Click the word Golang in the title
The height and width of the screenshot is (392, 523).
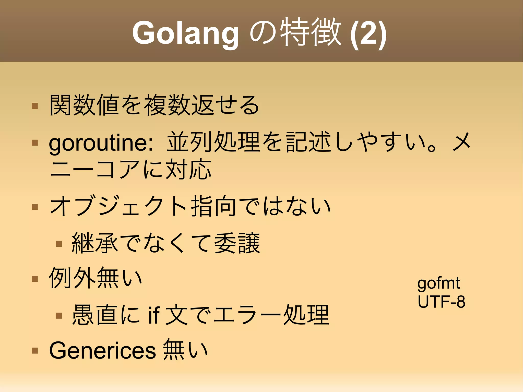tap(185, 33)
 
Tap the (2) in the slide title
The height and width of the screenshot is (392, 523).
tap(368, 33)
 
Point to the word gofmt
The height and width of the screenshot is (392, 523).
tap(438, 283)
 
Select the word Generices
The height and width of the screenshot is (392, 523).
tap(102, 350)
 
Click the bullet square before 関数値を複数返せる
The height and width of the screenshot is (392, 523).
tap(35, 106)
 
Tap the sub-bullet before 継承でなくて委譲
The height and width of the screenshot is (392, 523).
tap(59, 244)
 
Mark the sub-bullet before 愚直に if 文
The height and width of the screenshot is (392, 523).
tap(59, 316)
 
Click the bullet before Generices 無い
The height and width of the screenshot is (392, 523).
tap(35, 350)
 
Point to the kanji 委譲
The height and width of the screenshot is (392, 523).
tap(237, 243)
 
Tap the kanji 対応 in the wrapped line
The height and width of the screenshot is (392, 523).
tap(188, 169)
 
